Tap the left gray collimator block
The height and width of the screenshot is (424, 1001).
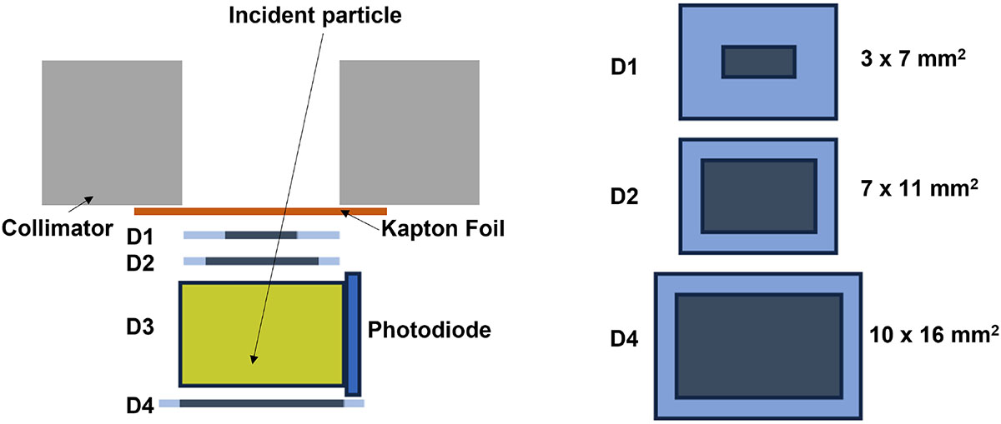click(112, 132)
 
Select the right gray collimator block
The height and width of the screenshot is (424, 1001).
click(409, 132)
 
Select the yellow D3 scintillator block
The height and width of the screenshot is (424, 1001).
click(261, 334)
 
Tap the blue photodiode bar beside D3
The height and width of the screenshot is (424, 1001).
click(353, 333)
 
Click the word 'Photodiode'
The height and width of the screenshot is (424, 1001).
click(428, 329)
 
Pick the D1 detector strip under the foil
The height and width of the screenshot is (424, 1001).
click(261, 236)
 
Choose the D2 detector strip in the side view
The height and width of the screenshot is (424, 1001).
click(261, 262)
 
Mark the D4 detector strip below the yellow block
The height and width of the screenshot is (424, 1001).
click(261, 403)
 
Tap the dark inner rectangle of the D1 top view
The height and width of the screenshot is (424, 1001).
click(758, 62)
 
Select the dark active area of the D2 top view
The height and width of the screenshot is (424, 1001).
click(758, 195)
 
